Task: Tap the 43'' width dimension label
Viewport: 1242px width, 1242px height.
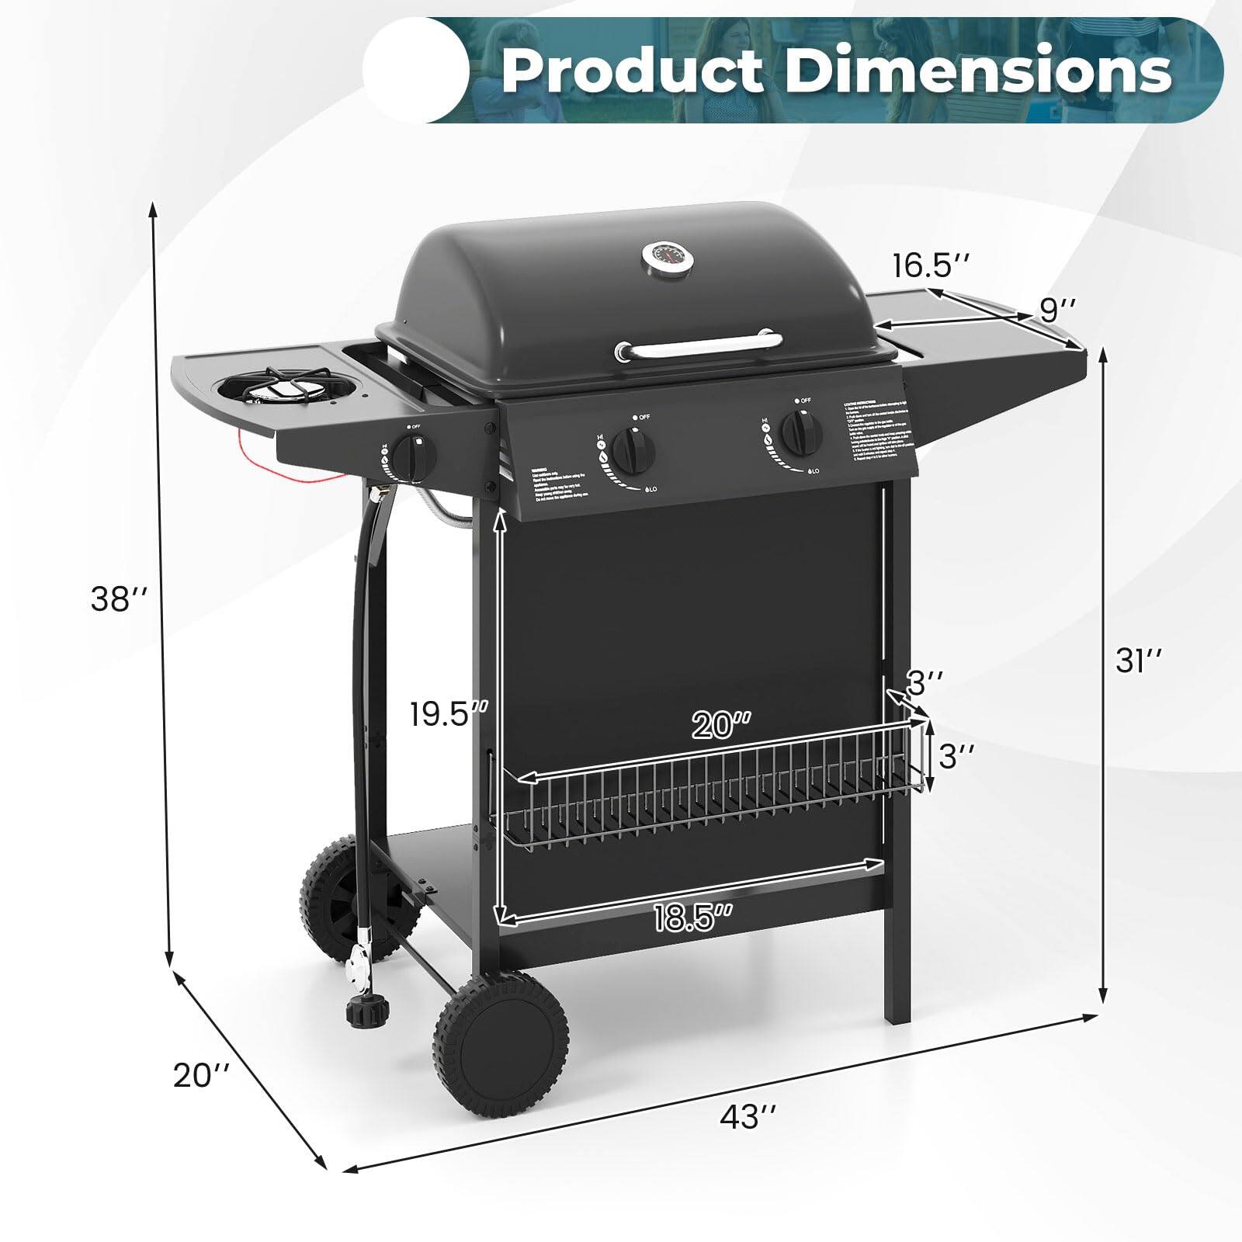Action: tap(748, 1118)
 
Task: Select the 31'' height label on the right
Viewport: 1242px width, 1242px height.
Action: tap(1139, 661)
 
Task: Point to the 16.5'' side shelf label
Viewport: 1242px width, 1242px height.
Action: tap(930, 265)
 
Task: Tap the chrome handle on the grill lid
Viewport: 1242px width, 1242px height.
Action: tap(699, 344)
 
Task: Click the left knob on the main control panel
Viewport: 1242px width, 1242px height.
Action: tap(634, 449)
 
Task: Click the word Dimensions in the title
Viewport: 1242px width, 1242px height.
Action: tap(978, 71)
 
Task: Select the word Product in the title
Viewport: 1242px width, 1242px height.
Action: tap(633, 71)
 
